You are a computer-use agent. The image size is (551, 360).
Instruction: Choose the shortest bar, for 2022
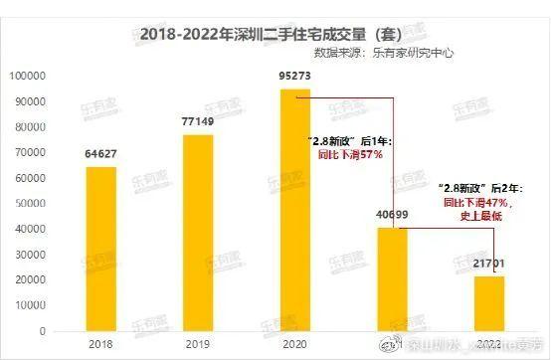click(489, 302)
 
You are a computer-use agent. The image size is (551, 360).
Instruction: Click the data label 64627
click(100, 154)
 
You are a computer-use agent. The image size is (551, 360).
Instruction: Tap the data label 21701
click(489, 264)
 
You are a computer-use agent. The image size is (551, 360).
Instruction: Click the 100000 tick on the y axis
click(33, 76)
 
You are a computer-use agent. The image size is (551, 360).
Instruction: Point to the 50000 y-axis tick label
click(35, 203)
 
